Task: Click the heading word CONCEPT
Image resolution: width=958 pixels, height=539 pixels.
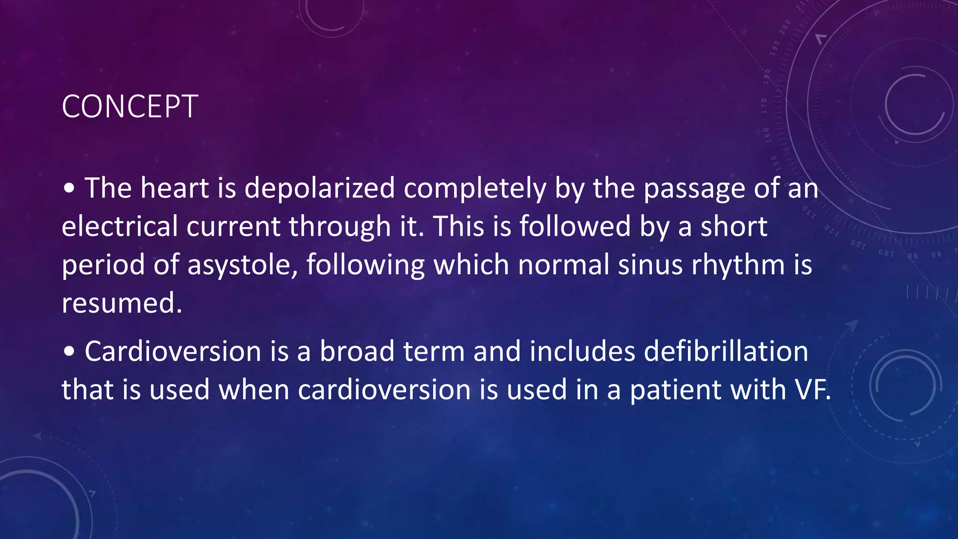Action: pyautogui.click(x=130, y=107)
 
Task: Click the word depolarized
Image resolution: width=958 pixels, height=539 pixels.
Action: pyautogui.click(x=319, y=188)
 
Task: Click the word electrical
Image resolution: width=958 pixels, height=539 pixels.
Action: pyautogui.click(x=120, y=226)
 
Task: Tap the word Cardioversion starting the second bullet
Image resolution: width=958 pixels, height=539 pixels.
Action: pyautogui.click(x=173, y=351)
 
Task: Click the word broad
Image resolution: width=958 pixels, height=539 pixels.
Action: pyautogui.click(x=357, y=351)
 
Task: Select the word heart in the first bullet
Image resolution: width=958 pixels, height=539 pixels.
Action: pyautogui.click(x=174, y=188)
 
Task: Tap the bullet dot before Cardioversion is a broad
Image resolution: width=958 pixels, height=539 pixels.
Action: pyautogui.click(x=69, y=352)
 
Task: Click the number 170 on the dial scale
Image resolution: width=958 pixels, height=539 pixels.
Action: pyautogui.click(x=764, y=106)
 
